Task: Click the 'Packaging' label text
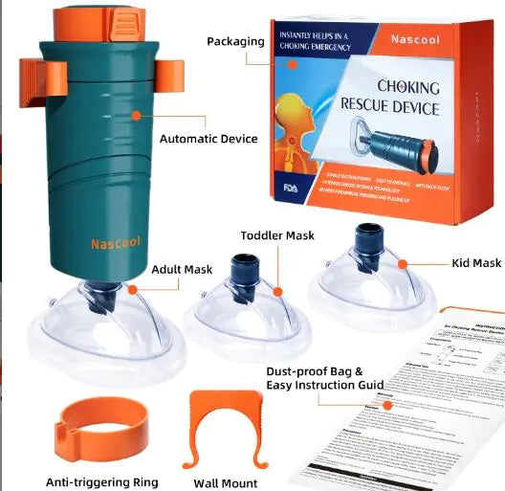(x=236, y=41)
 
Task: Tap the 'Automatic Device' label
(x=209, y=139)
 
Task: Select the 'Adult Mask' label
(x=182, y=270)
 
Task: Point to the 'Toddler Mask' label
(x=277, y=235)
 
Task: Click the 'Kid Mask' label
(x=475, y=263)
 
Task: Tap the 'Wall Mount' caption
(x=225, y=483)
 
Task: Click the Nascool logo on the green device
(x=116, y=243)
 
